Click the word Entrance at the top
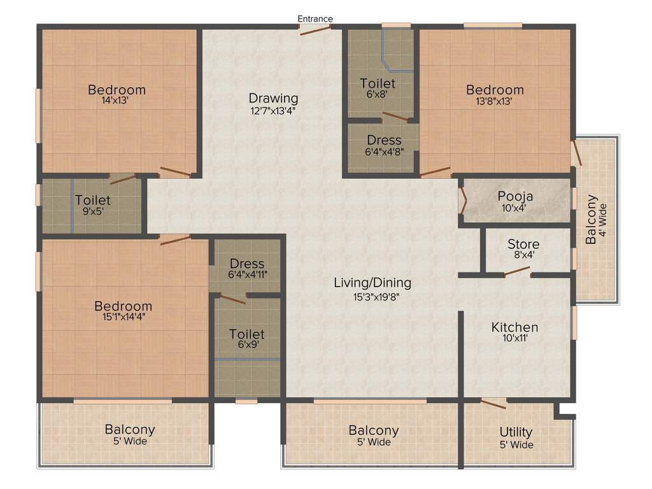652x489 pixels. (x=315, y=18)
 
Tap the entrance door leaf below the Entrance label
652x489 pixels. (x=315, y=30)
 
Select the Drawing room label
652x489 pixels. (x=273, y=98)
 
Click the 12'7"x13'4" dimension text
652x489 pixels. (x=273, y=110)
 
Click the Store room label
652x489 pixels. (x=523, y=244)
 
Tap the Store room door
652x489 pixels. (x=517, y=273)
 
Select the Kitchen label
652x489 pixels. (x=514, y=327)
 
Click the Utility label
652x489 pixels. (x=516, y=433)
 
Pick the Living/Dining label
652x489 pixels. (x=372, y=283)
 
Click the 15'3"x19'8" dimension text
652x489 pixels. (x=372, y=295)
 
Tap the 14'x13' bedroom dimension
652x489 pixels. (x=117, y=101)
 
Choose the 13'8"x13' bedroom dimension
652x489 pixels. (x=494, y=101)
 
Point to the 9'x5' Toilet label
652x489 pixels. (x=92, y=201)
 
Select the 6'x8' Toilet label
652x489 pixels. (x=378, y=83)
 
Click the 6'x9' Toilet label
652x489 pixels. (x=246, y=334)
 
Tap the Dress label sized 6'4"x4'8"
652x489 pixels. (x=384, y=140)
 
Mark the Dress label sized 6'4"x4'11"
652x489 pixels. (x=246, y=264)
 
